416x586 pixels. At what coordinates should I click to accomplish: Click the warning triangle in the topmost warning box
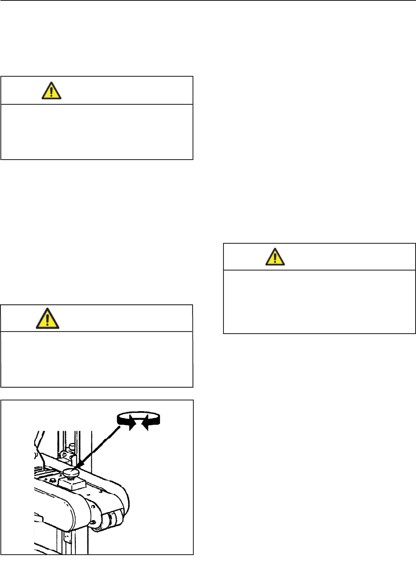[x=52, y=91]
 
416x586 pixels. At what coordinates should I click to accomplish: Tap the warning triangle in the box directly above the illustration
[x=47, y=319]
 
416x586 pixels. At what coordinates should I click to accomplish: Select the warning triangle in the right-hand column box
[x=275, y=257]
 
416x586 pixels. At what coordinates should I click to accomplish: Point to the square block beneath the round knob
[x=73, y=484]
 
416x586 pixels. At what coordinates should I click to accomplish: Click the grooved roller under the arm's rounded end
[x=112, y=520]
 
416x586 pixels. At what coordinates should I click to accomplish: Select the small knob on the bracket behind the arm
[x=72, y=446]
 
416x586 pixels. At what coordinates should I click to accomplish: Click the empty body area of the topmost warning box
[x=97, y=132]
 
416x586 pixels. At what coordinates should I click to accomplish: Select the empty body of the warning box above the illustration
[x=97, y=359]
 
